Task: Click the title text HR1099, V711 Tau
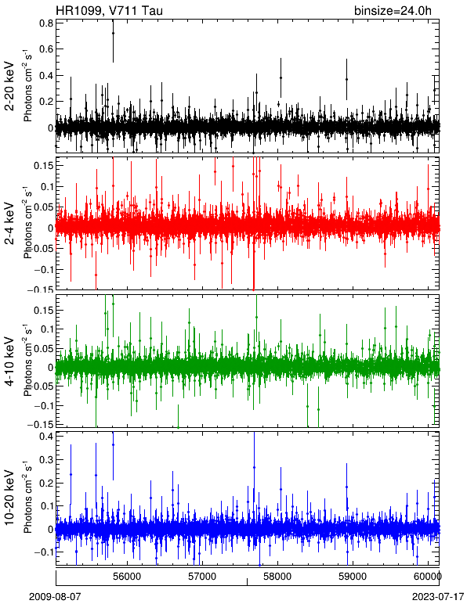pos(109,10)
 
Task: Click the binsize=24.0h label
pos(393,10)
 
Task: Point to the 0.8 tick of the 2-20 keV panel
pos(46,23)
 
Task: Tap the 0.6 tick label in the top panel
pos(46,49)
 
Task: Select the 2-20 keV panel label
pos(10,86)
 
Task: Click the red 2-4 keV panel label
pos(10,224)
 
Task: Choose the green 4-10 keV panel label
pos(10,361)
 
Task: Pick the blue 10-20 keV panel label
pos(10,498)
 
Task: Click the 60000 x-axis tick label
pos(429,577)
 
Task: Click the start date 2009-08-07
pos(56,597)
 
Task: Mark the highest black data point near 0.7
pos(113,33)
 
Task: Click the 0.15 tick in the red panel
pos(43,165)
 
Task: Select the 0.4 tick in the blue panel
pos(46,437)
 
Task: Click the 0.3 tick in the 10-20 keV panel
pos(46,459)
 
